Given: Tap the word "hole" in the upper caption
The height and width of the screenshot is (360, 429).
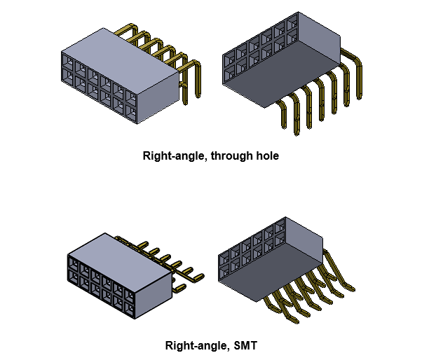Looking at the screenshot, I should tap(267, 156).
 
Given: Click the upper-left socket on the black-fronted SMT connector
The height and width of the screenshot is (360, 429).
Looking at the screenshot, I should tap(72, 267).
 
